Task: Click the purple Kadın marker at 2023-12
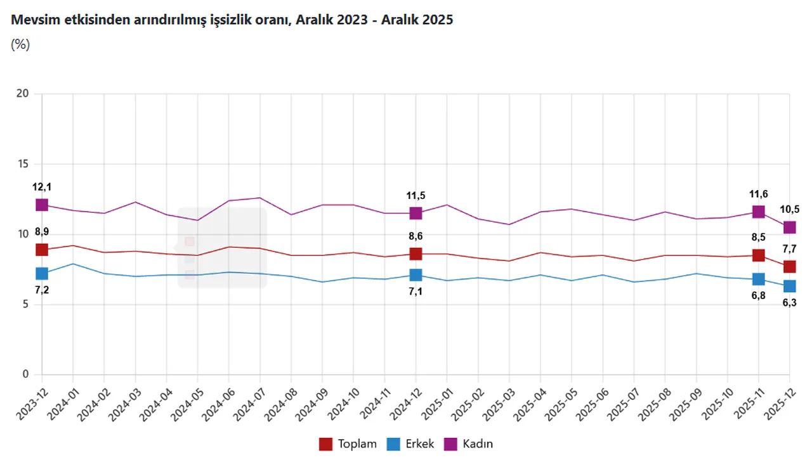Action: (x=42, y=205)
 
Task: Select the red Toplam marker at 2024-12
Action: (x=416, y=253)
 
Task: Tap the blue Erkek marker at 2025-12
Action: (x=789, y=286)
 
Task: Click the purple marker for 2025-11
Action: (x=758, y=212)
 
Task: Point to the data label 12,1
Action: (x=42, y=187)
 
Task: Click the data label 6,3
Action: (x=789, y=304)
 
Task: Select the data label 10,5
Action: (x=789, y=210)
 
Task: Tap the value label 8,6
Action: (x=416, y=236)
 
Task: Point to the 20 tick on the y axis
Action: (x=23, y=94)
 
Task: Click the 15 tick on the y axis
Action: (x=23, y=164)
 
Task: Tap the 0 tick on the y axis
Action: (x=26, y=374)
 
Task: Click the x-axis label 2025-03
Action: (x=497, y=402)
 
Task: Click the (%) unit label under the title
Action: (x=20, y=45)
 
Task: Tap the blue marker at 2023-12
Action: (x=42, y=274)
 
